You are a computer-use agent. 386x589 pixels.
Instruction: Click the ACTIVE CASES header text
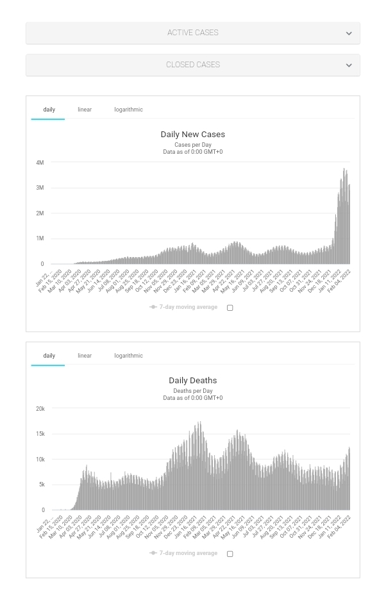(192, 33)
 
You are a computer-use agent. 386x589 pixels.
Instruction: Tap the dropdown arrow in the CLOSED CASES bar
(349, 65)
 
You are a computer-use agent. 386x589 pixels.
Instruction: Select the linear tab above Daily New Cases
(85, 110)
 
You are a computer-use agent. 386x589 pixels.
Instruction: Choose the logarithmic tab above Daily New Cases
(128, 110)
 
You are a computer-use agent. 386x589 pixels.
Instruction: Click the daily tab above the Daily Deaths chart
(49, 356)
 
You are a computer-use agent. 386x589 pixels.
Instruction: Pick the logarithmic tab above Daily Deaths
(128, 356)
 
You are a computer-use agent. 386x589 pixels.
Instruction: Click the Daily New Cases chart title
(192, 135)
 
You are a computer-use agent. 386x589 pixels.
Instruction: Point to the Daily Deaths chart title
(192, 381)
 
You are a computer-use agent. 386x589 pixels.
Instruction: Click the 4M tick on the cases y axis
(40, 163)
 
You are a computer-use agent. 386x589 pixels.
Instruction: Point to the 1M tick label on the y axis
(40, 238)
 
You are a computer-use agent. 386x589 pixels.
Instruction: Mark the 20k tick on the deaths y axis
(40, 409)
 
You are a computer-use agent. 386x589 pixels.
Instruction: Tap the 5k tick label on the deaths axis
(41, 485)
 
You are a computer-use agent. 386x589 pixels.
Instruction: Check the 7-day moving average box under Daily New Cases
(230, 308)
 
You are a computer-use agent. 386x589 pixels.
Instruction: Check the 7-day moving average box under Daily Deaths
(230, 554)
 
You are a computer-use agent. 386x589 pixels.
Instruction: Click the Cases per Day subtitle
(192, 145)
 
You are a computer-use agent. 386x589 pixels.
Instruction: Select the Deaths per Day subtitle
(192, 391)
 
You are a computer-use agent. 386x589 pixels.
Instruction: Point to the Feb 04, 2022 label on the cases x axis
(340, 280)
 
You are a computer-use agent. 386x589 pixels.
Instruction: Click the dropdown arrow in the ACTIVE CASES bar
(349, 33)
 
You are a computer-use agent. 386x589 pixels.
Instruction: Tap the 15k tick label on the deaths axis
(40, 434)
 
